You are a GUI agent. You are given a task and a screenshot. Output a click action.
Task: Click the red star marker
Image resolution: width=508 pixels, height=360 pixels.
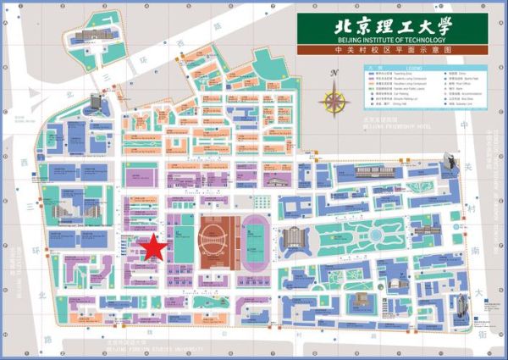click(153, 248)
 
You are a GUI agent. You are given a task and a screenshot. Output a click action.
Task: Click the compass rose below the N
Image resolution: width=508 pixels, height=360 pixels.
click(336, 102)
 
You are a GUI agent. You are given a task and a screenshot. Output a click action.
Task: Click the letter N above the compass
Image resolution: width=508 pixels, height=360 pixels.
click(334, 74)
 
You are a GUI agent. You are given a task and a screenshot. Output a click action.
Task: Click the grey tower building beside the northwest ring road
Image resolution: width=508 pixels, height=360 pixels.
click(96, 102)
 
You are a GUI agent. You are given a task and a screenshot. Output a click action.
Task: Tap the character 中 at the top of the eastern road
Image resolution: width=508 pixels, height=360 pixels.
click(465, 125)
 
